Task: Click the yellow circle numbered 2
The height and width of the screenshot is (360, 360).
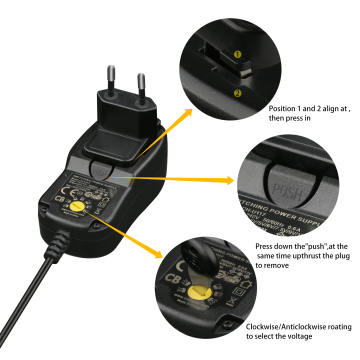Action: tap(238, 93)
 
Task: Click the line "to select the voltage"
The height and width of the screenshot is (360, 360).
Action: tap(281, 337)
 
